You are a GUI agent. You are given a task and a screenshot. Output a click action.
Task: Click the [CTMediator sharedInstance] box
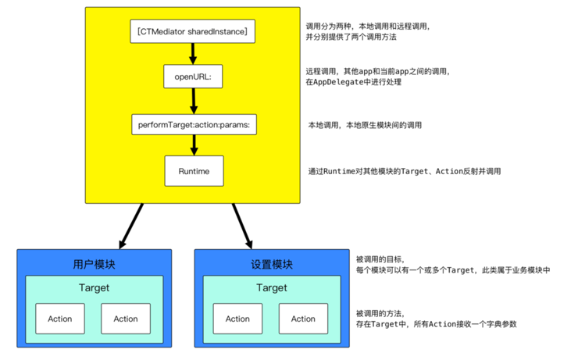point(192,31)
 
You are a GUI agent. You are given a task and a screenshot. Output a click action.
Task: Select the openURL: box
point(192,77)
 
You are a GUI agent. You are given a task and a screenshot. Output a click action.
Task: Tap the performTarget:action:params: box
point(192,124)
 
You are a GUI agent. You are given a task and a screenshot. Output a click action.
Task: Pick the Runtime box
point(192,170)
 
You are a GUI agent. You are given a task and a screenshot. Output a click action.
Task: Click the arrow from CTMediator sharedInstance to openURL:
point(192,54)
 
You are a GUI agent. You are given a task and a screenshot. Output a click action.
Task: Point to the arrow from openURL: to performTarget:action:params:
point(192,101)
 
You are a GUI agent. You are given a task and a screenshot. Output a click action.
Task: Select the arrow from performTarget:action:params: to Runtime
point(192,147)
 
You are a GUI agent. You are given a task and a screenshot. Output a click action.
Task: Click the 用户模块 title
point(94,264)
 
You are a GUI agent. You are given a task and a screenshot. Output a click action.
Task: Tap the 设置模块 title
point(271,264)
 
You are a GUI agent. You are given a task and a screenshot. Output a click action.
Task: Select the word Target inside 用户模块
point(94,288)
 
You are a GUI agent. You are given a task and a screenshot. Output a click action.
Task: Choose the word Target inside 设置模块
point(271,288)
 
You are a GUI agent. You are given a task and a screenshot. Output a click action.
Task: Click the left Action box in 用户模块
point(60,319)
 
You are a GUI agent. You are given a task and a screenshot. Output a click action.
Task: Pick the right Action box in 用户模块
point(126,319)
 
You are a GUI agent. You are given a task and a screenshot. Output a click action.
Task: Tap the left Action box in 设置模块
point(237,319)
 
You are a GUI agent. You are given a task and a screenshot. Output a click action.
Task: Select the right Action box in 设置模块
point(303,319)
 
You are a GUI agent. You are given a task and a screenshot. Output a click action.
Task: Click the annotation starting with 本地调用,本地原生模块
point(366,125)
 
